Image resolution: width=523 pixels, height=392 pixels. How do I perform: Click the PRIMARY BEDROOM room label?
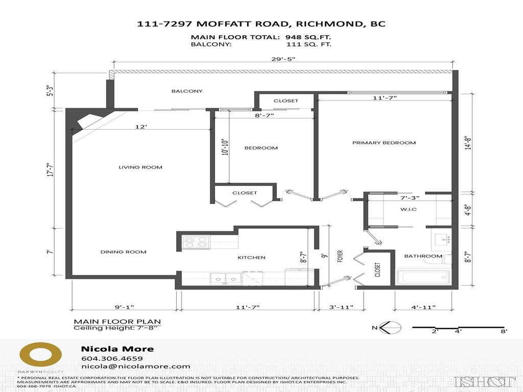click(x=384, y=143)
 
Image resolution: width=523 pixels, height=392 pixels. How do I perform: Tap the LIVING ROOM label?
click(x=140, y=167)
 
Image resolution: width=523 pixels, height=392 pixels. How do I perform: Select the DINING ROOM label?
click(x=123, y=252)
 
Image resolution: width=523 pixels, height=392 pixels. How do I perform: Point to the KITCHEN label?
click(x=251, y=257)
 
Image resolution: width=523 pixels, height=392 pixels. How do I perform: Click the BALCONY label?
click(x=187, y=91)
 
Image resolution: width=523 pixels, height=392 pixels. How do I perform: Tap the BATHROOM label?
click(x=423, y=256)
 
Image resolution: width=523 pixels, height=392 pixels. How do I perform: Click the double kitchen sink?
click(x=226, y=279)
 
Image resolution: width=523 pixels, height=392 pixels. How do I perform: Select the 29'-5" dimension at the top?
click(x=284, y=59)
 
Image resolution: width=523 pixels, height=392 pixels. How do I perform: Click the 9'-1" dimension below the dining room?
click(x=124, y=307)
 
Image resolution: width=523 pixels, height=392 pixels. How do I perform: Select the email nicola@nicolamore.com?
click(x=135, y=366)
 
